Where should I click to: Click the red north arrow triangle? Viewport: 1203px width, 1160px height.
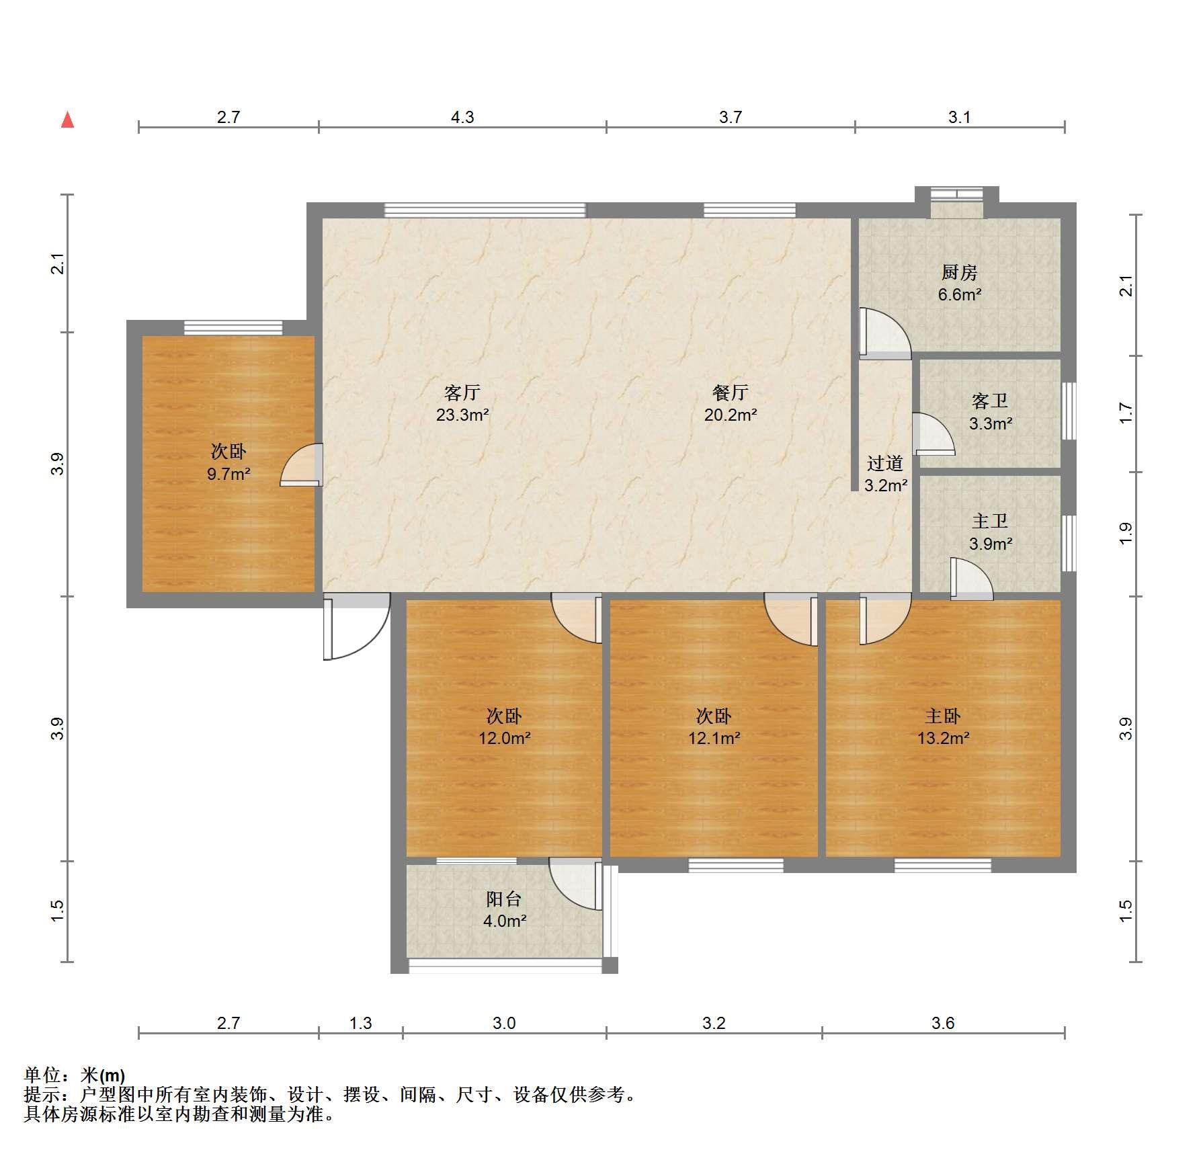click(67, 120)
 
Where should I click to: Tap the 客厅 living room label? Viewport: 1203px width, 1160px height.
click(462, 392)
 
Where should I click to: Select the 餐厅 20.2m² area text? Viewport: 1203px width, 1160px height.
click(731, 403)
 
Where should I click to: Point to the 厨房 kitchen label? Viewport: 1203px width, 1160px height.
click(959, 272)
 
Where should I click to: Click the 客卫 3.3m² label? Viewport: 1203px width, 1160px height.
click(990, 412)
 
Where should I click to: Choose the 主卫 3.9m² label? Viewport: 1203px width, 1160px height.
click(990, 532)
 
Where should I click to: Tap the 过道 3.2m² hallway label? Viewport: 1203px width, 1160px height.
click(886, 474)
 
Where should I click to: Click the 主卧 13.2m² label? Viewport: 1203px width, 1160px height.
click(943, 727)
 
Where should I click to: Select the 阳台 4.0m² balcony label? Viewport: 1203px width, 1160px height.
click(504, 909)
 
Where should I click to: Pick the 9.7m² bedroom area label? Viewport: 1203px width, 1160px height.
click(229, 474)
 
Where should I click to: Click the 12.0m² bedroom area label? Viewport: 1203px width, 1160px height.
click(504, 738)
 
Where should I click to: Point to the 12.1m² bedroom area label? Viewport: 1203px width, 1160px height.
click(714, 738)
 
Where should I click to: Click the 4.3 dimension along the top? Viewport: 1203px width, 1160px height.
click(462, 117)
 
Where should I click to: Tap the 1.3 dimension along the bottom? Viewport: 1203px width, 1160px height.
click(360, 1023)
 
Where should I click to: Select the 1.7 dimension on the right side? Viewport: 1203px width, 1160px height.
click(1126, 413)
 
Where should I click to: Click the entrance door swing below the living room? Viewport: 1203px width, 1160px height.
click(356, 626)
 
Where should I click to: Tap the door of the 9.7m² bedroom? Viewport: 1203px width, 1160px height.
click(301, 464)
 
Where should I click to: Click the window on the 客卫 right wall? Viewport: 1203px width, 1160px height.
click(1069, 411)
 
